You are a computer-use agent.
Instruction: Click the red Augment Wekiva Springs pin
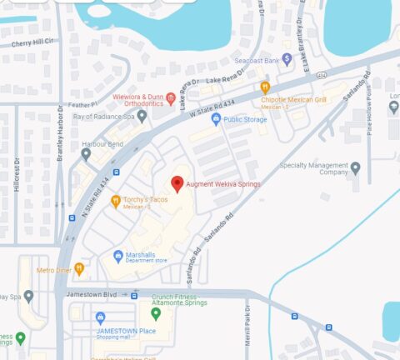177,183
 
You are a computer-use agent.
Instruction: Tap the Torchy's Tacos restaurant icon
115,201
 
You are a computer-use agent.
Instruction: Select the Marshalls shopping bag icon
118,256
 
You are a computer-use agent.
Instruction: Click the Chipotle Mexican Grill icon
265,87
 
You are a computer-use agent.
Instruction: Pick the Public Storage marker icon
216,119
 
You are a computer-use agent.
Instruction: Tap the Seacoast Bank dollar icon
287,58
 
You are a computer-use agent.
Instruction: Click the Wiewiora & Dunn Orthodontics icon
171,99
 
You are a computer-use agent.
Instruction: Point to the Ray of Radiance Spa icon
142,116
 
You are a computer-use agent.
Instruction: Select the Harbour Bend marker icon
85,153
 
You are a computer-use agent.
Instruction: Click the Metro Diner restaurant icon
79,268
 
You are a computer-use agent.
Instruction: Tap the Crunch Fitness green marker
155,313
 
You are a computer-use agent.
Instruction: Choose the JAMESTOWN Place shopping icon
101,317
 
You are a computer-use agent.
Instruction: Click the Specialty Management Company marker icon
356,168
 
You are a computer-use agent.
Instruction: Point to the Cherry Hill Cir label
31,41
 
